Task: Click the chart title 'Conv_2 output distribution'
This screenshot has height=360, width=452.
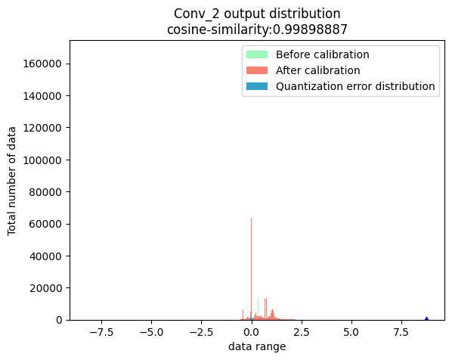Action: (x=257, y=14)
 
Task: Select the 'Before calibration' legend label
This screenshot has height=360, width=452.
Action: (x=322, y=54)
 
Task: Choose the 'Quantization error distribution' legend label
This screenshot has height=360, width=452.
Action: (x=355, y=86)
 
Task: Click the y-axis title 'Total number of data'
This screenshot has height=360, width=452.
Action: (x=13, y=181)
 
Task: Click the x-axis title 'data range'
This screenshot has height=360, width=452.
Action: (x=257, y=347)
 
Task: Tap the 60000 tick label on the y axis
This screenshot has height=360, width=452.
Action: (x=49, y=224)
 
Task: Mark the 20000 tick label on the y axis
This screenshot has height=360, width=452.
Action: (x=49, y=288)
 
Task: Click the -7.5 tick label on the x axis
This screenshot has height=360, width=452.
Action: (x=101, y=331)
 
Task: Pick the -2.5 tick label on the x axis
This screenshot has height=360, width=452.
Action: (x=201, y=331)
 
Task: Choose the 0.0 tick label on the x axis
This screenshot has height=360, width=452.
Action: (x=251, y=331)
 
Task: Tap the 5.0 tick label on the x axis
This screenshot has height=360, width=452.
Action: (x=351, y=331)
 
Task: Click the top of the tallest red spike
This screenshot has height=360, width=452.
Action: (x=251, y=219)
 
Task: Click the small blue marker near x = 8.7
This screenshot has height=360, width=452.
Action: (x=426, y=318)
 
